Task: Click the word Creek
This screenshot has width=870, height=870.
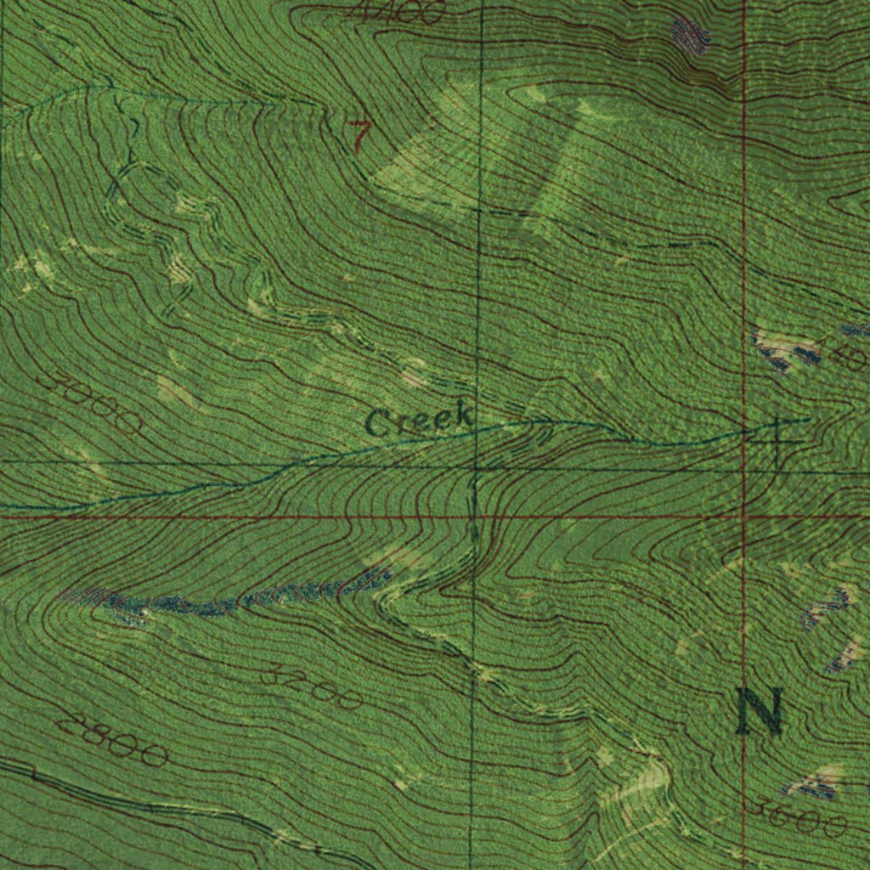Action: click(420, 420)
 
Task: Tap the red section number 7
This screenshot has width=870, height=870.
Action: click(359, 135)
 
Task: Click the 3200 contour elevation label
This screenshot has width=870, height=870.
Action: click(312, 687)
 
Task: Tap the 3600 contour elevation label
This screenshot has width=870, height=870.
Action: click(799, 819)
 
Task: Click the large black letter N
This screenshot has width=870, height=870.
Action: click(759, 712)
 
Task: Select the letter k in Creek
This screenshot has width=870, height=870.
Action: click(461, 415)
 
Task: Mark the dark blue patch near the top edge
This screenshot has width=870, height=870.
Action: click(690, 35)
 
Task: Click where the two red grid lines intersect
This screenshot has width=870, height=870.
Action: click(743, 516)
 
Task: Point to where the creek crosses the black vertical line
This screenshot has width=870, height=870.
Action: click(477, 430)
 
